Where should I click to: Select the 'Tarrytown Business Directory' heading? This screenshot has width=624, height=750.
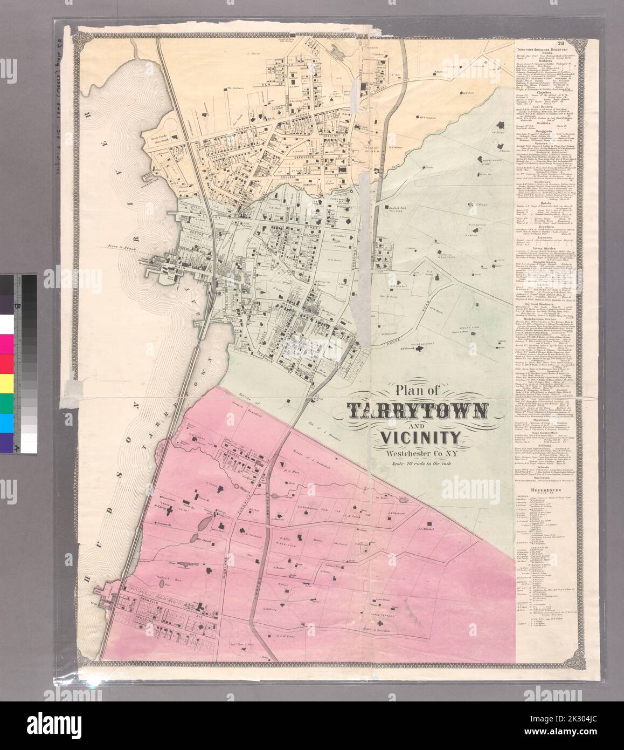(x=542, y=49)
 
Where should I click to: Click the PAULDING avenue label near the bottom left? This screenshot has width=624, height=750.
(x=139, y=618)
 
